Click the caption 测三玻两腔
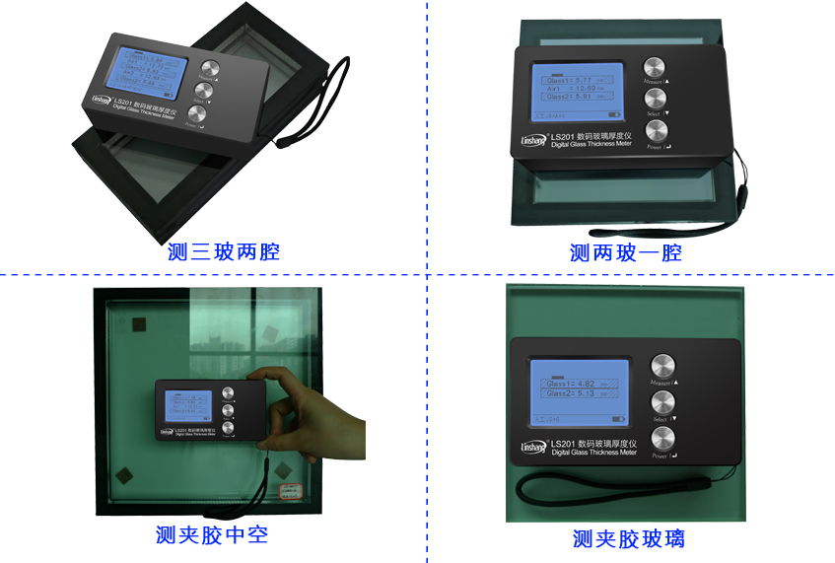coord(224,251)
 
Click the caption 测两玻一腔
coord(625,253)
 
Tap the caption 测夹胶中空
coord(212,534)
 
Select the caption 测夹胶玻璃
coord(628,538)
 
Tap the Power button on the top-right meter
coord(654,130)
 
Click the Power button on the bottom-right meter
coord(662,438)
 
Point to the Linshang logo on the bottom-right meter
coord(532,447)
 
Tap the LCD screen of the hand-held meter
coord(190,406)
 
